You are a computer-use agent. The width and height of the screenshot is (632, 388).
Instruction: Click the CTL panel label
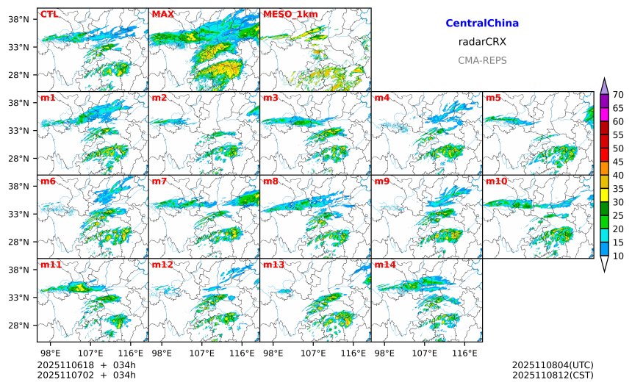click(49, 14)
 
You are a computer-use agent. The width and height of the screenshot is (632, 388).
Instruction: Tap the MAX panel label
click(162, 14)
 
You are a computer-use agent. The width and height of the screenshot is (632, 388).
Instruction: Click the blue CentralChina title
click(482, 24)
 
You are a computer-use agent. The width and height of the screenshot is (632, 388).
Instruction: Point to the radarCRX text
click(482, 42)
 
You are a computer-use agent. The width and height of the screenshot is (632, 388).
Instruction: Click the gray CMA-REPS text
click(482, 60)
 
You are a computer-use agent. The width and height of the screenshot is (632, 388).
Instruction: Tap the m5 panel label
click(493, 98)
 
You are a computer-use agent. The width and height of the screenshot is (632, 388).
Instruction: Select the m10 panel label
click(496, 182)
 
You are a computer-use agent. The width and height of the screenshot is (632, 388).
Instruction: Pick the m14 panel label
click(384, 265)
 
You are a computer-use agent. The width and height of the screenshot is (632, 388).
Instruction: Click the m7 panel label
click(159, 182)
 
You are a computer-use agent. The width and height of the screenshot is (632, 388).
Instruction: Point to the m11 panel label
click(51, 265)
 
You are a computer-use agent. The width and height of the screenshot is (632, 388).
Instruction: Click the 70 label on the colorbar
click(619, 94)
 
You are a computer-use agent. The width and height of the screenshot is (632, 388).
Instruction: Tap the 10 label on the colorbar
click(619, 256)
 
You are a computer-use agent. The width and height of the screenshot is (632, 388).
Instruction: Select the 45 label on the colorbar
click(619, 162)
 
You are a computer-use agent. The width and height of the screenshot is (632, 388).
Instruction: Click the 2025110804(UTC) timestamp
click(553, 365)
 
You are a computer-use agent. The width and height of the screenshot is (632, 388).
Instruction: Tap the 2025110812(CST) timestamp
click(553, 375)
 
